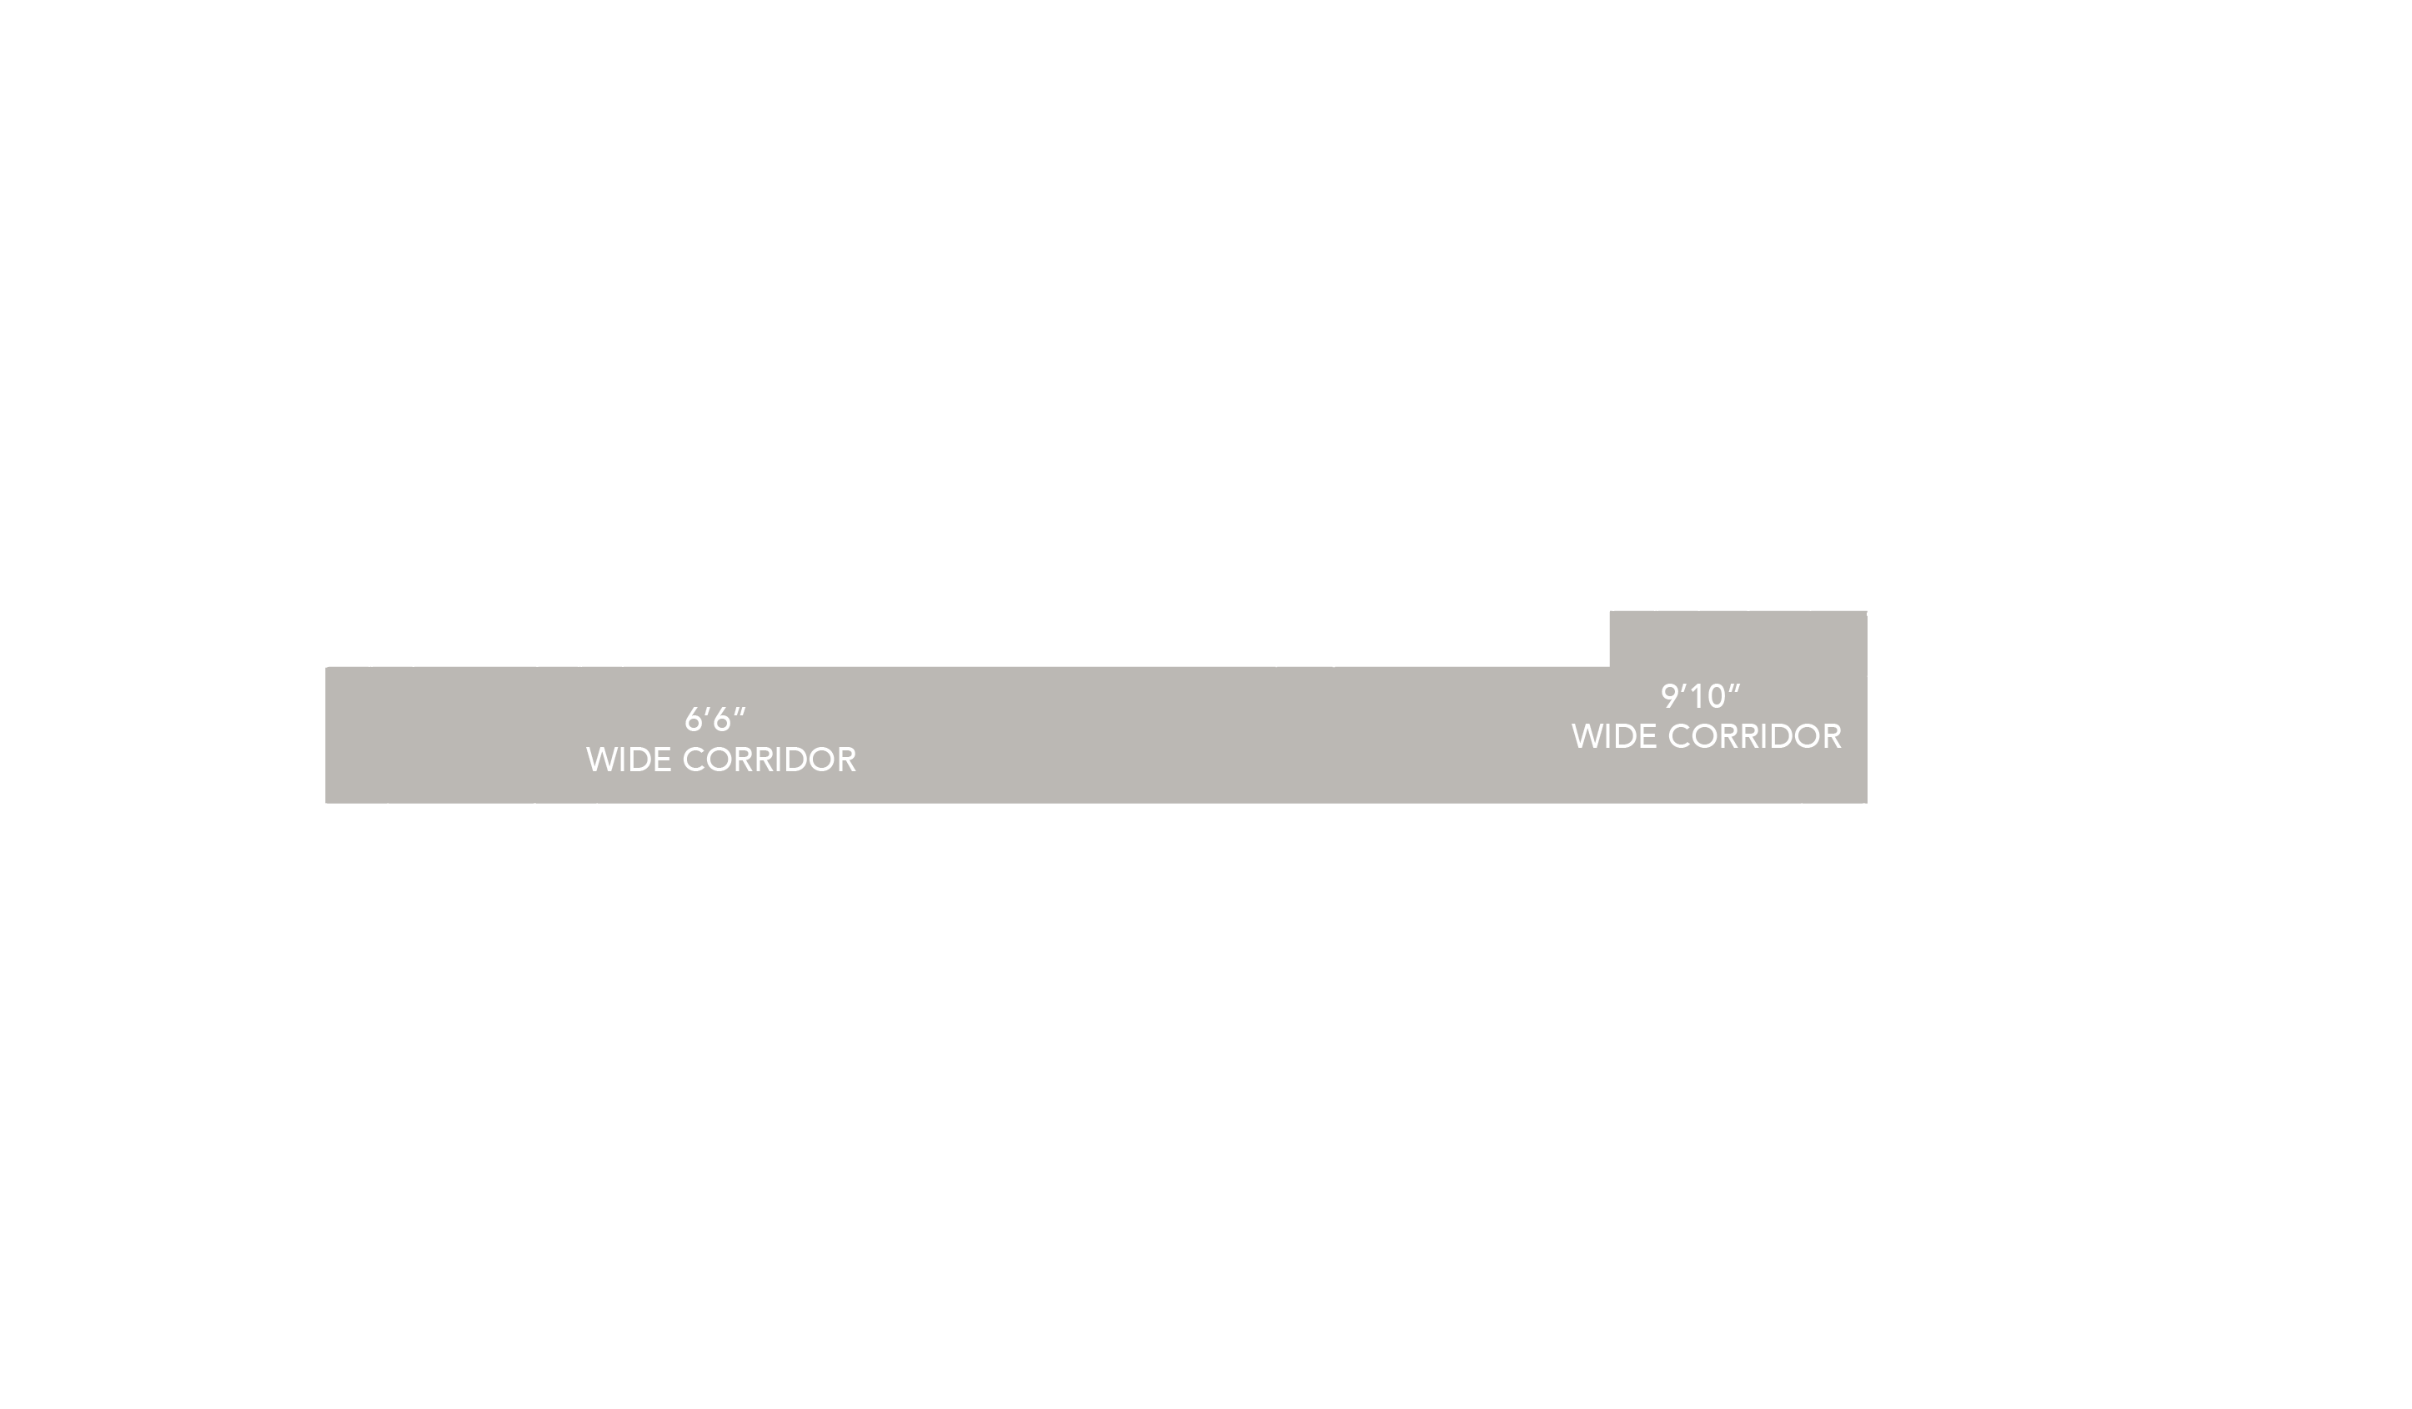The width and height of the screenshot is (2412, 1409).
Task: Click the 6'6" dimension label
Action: tap(715, 719)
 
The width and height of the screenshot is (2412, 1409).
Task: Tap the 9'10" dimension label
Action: tap(1700, 696)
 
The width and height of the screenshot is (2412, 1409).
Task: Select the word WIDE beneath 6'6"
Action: tap(628, 760)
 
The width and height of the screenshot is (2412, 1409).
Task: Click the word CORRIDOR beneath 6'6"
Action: tap(769, 760)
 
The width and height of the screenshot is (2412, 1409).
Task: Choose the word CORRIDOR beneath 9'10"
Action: tap(1754, 737)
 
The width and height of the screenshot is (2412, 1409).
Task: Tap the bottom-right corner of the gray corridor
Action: tap(1865, 801)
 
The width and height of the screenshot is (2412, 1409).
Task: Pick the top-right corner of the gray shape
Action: tap(1865, 613)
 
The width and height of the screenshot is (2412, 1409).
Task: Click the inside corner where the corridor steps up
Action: tap(1610, 667)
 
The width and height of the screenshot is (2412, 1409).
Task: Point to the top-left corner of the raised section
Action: tap(1611, 613)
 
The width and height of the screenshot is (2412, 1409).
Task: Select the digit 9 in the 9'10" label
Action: tap(1669, 697)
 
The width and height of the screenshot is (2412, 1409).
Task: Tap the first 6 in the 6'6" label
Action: tap(693, 720)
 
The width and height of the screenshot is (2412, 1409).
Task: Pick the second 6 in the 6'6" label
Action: tap(723, 720)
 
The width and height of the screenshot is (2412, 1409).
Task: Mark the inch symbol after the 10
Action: tap(1733, 688)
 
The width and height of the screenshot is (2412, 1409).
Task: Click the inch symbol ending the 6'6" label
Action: tap(740, 711)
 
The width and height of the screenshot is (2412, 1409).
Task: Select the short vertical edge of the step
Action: tap(1610, 639)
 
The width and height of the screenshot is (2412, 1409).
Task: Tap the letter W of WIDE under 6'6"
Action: tap(599, 760)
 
